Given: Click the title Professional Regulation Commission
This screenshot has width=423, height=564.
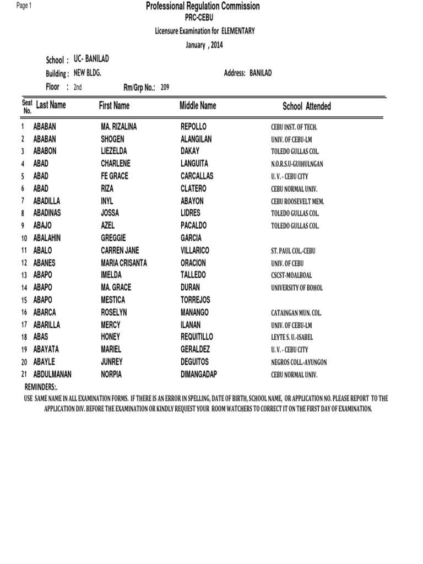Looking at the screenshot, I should (203, 7).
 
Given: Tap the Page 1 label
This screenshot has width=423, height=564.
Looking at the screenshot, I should (24, 6).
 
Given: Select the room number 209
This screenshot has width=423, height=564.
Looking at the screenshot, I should (165, 87).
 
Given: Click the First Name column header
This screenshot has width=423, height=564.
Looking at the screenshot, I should (114, 105).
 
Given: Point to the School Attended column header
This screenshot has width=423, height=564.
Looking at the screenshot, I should (307, 106).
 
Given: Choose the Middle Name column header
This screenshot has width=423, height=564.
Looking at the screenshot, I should (198, 105).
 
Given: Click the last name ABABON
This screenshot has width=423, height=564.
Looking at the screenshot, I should (45, 151).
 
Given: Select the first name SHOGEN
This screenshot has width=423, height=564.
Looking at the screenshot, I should (112, 139).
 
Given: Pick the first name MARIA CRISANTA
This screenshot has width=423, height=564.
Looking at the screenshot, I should (124, 263).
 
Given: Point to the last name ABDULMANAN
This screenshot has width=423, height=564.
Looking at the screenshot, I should (52, 374).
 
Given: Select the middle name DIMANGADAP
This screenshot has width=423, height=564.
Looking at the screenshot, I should (199, 374).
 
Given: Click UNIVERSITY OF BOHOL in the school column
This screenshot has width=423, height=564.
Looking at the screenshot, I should (297, 288).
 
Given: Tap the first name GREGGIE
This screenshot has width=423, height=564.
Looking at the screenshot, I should (113, 238).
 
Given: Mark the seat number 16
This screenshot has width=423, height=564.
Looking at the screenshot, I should (24, 313).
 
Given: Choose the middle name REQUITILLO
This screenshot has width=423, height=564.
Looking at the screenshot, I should (197, 337).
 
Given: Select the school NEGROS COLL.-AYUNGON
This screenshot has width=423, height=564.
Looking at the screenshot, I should (299, 362).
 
